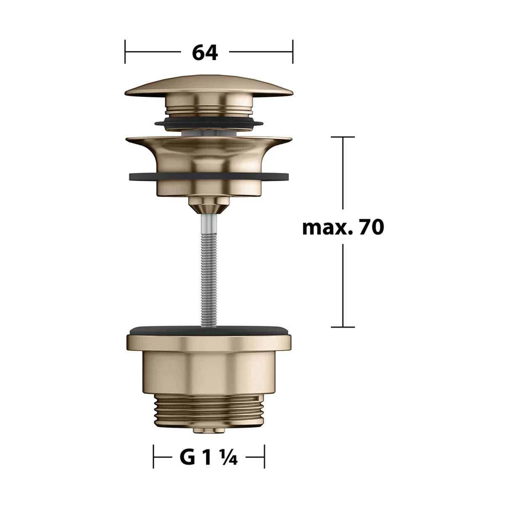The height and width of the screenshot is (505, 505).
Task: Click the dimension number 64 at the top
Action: coord(205,53)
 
